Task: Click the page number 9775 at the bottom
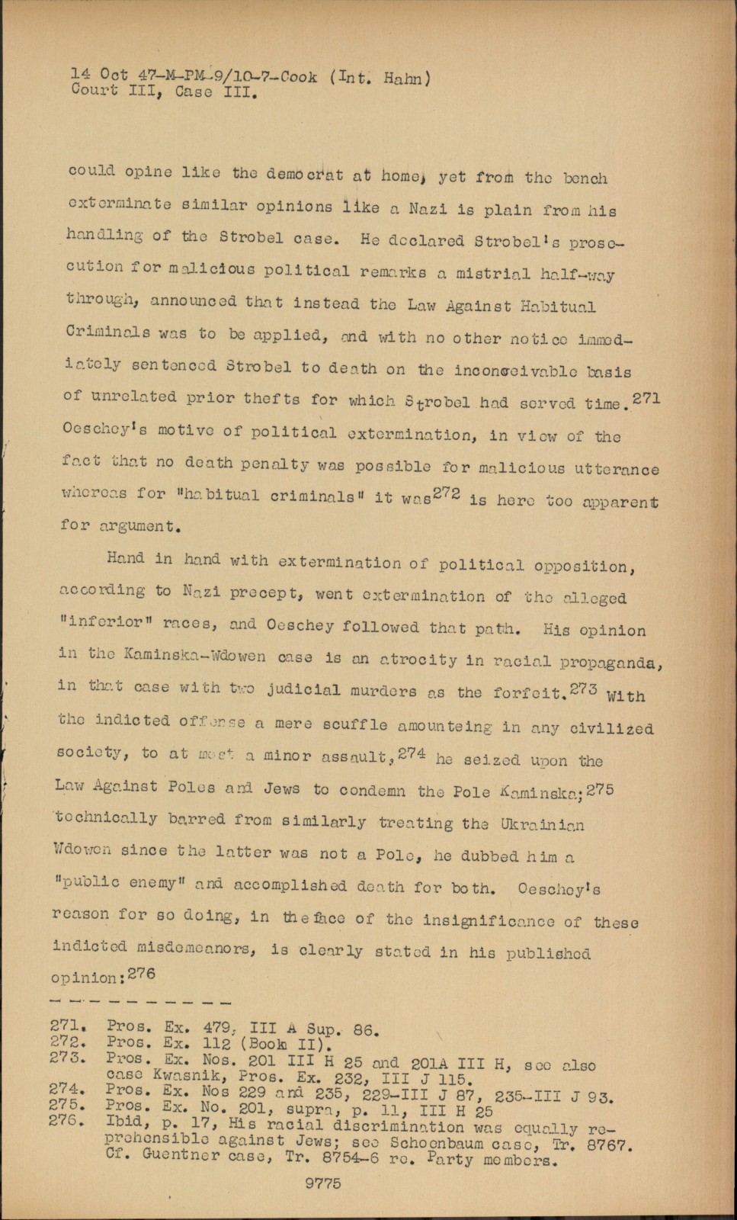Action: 322,1183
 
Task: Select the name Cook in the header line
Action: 298,77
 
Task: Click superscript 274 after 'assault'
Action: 412,751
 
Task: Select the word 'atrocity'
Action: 418,660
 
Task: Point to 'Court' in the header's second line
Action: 93,91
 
